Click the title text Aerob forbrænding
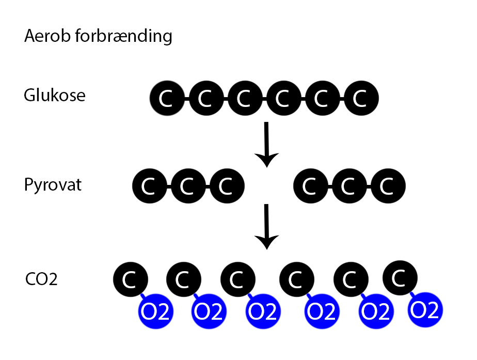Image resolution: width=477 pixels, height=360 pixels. (x=98, y=37)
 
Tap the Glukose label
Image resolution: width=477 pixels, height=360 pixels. (x=55, y=96)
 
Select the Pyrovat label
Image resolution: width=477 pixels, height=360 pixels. (x=53, y=185)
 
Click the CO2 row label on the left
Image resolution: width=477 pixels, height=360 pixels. (x=41, y=279)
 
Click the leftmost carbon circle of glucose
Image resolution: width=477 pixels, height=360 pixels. (x=166, y=98)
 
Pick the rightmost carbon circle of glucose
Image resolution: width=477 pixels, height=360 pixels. (x=361, y=98)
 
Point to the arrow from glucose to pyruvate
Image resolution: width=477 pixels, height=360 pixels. (x=266, y=145)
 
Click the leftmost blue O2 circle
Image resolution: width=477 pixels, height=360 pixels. (x=155, y=312)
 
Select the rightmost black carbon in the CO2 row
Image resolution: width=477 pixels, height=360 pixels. (x=400, y=278)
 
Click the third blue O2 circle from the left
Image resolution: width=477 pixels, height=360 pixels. (x=263, y=312)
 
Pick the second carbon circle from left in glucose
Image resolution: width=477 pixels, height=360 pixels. (x=205, y=98)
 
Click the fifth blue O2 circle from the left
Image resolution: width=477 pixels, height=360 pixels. (x=375, y=312)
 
